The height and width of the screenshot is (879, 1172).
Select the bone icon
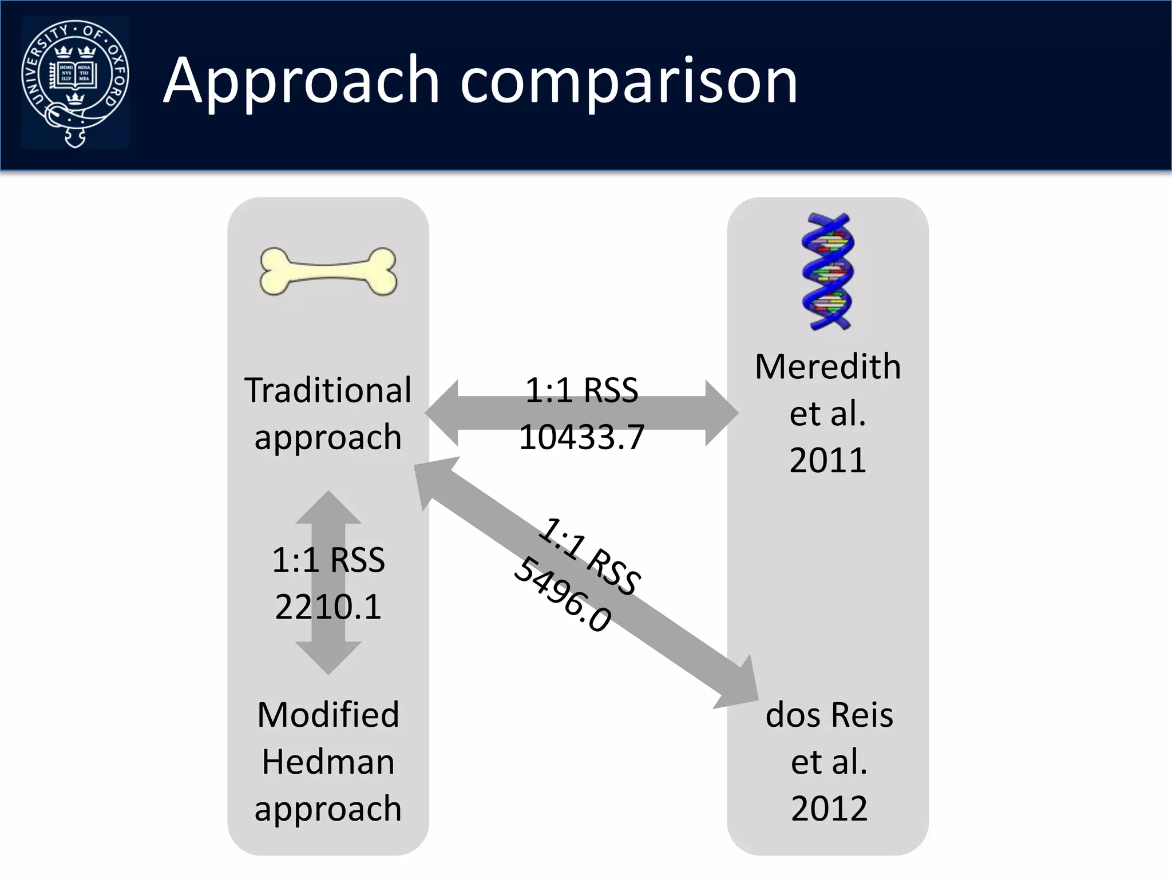[328, 271]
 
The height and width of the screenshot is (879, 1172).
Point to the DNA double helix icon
[827, 271]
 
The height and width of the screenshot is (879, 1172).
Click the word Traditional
[328, 390]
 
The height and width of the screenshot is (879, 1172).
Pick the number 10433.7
[581, 437]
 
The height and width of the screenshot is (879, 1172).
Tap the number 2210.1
[328, 607]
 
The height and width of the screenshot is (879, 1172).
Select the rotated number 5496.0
[563, 596]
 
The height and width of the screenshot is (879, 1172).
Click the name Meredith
[827, 366]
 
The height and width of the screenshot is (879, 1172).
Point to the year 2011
[827, 460]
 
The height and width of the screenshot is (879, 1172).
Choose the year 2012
[829, 808]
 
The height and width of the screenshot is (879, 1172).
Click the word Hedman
[328, 762]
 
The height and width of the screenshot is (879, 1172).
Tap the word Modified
[328, 715]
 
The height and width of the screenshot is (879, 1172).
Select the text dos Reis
[829, 715]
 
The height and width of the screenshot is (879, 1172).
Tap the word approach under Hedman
[328, 809]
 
